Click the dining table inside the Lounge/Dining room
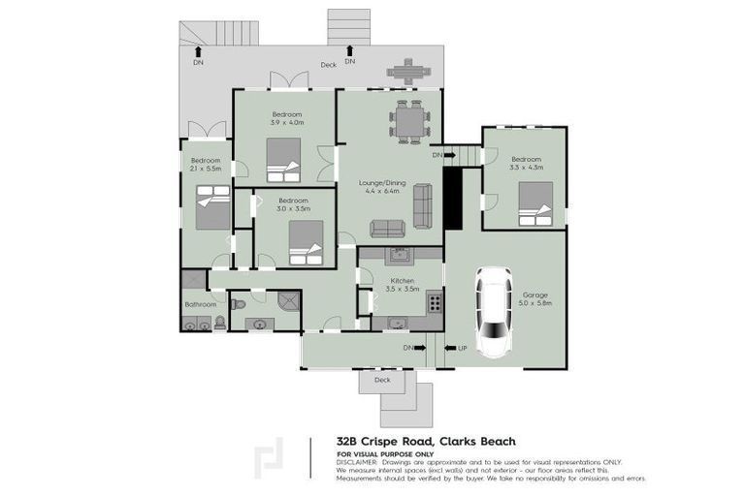tap(409, 122)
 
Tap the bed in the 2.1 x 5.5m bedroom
tap(211, 206)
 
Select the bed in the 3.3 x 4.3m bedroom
tap(534, 204)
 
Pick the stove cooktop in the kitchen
tap(436, 303)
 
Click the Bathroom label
tap(200, 304)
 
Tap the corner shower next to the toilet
tap(287, 302)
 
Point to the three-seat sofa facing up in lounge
tap(389, 228)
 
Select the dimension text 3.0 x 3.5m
tap(293, 208)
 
